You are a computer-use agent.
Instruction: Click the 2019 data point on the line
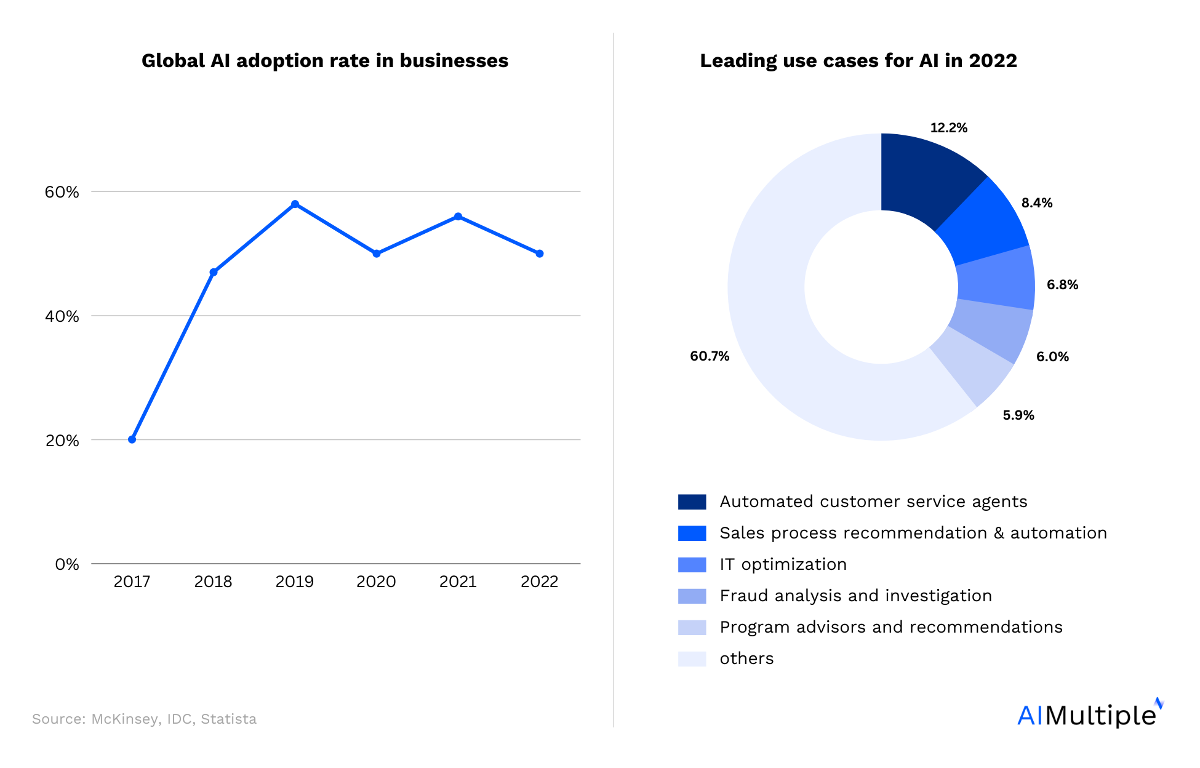[295, 204]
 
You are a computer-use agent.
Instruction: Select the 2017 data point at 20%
[132, 439]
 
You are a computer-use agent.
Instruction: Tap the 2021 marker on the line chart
[458, 217]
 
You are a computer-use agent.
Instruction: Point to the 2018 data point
[214, 272]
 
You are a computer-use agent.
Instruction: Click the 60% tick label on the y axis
[62, 192]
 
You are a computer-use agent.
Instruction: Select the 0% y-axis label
[67, 564]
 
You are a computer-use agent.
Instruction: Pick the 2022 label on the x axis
[539, 582]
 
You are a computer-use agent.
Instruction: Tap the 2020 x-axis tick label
[376, 582]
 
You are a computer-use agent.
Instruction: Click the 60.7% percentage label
[709, 356]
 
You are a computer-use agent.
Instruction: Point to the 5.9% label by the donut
[1018, 415]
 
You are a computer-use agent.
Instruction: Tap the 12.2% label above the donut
[948, 128]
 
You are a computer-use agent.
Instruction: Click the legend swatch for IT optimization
[692, 565]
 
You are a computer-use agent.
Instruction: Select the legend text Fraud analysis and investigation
[855, 596]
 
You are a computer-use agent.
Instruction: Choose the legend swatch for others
[692, 659]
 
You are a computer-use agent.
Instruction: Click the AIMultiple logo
[1089, 714]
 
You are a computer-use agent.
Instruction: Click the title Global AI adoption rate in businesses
[325, 61]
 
